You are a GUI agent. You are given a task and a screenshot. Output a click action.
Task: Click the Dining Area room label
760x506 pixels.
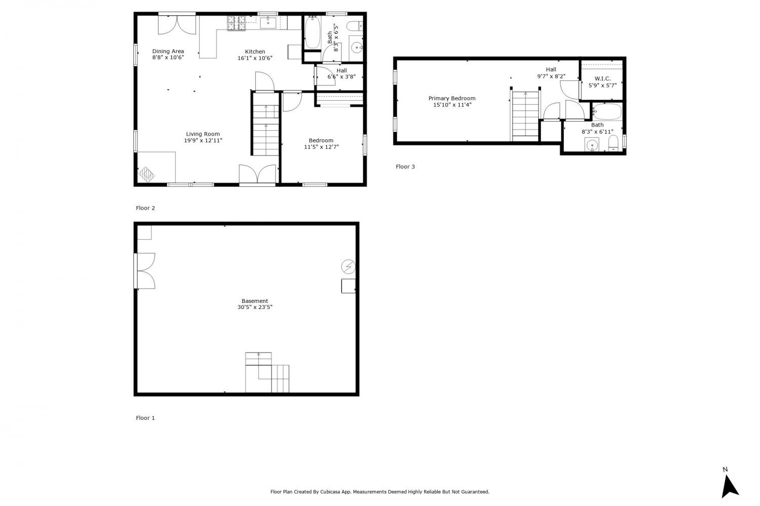pos(168,51)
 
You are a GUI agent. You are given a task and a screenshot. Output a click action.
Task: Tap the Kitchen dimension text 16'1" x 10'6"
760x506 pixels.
pos(255,58)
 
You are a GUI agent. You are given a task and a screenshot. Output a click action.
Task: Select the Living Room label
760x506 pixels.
pos(203,134)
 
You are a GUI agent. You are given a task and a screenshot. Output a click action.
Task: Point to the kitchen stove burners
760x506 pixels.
pos(236,23)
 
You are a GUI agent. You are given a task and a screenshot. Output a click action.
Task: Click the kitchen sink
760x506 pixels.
pos(268,23)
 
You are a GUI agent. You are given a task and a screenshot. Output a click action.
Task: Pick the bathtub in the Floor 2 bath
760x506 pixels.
pos(313,32)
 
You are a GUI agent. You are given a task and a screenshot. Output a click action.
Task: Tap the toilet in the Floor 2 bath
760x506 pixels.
pos(356,26)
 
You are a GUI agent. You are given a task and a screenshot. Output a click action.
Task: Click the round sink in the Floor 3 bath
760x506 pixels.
pos(592,145)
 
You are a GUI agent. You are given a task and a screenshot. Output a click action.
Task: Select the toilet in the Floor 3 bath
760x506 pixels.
pos(613,143)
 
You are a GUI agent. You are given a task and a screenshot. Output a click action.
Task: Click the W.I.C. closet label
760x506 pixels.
pos(602,79)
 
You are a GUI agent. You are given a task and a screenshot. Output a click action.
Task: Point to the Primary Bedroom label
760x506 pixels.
pos(452,98)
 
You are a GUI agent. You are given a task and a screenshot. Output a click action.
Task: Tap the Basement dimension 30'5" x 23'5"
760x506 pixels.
pos(255,307)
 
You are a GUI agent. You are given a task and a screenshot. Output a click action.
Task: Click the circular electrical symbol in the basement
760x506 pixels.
pos(349,266)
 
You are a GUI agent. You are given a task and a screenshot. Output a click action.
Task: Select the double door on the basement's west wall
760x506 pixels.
pos(145,270)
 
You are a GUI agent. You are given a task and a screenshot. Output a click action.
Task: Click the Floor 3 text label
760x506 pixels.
pos(405,167)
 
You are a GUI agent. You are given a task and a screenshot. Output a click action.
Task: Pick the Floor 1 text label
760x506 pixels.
pos(145,418)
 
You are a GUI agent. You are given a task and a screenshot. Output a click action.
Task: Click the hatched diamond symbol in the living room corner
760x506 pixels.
pos(146,174)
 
